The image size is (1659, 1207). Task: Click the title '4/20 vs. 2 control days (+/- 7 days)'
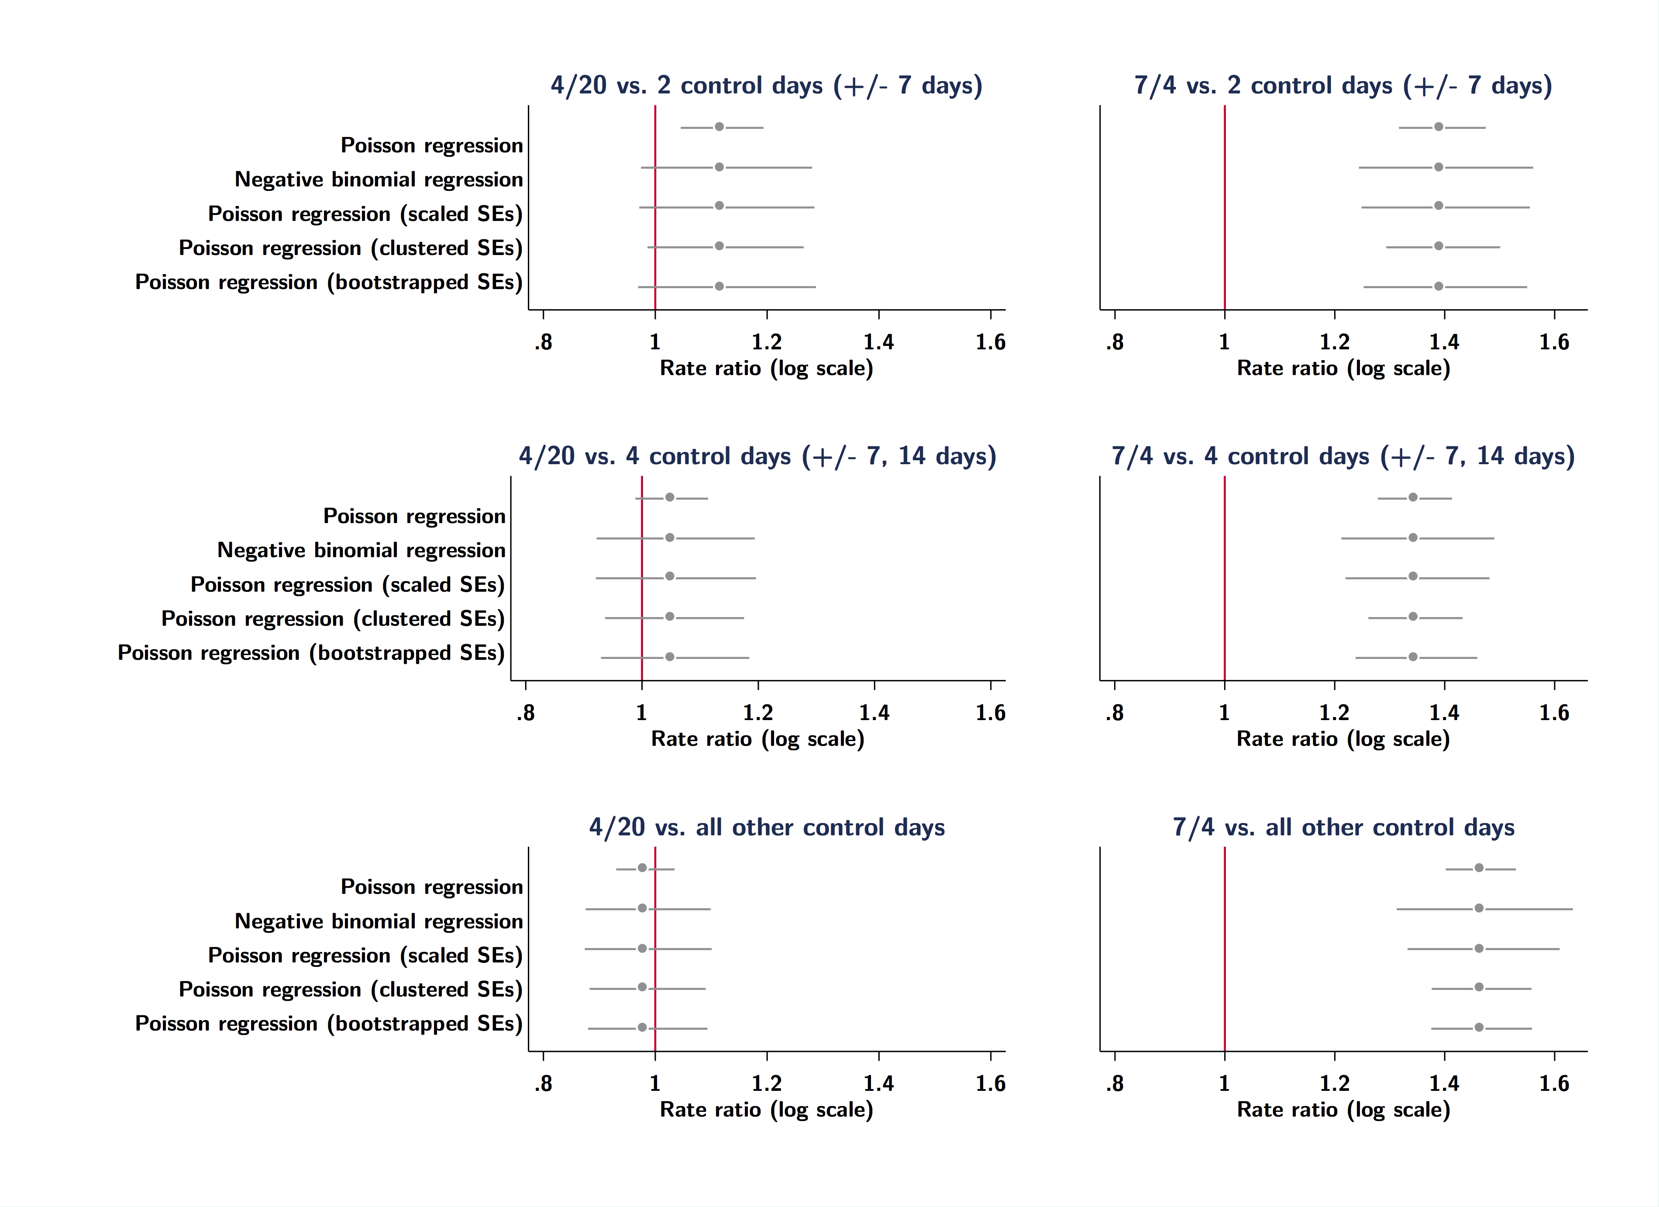[766, 86]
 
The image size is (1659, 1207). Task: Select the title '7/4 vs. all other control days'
[1343, 828]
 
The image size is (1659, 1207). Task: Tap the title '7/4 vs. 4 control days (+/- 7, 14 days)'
[1343, 456]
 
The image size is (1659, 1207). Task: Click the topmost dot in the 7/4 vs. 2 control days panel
[1438, 127]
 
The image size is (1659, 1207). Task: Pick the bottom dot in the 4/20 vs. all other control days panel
[642, 1027]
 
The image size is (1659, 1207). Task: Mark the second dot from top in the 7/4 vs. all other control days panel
[1479, 908]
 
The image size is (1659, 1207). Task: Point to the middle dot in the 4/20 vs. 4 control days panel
[669, 576]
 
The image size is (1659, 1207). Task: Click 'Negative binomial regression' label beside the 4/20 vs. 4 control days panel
[361, 550]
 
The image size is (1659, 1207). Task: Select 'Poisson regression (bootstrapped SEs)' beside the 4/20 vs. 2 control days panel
[328, 283]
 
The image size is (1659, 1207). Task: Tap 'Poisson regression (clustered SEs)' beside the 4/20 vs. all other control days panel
[351, 990]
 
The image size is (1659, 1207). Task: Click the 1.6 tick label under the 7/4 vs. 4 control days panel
[1554, 713]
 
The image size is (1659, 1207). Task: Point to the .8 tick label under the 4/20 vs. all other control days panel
[543, 1083]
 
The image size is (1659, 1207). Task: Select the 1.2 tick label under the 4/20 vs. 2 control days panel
[767, 341]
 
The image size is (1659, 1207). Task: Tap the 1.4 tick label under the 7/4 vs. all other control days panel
[1444, 1083]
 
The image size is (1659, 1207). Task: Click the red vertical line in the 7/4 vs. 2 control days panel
[1225, 220]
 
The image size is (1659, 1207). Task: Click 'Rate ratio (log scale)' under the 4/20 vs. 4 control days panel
[758, 739]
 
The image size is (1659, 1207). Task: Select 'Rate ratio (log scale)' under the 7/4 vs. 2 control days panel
[1343, 368]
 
